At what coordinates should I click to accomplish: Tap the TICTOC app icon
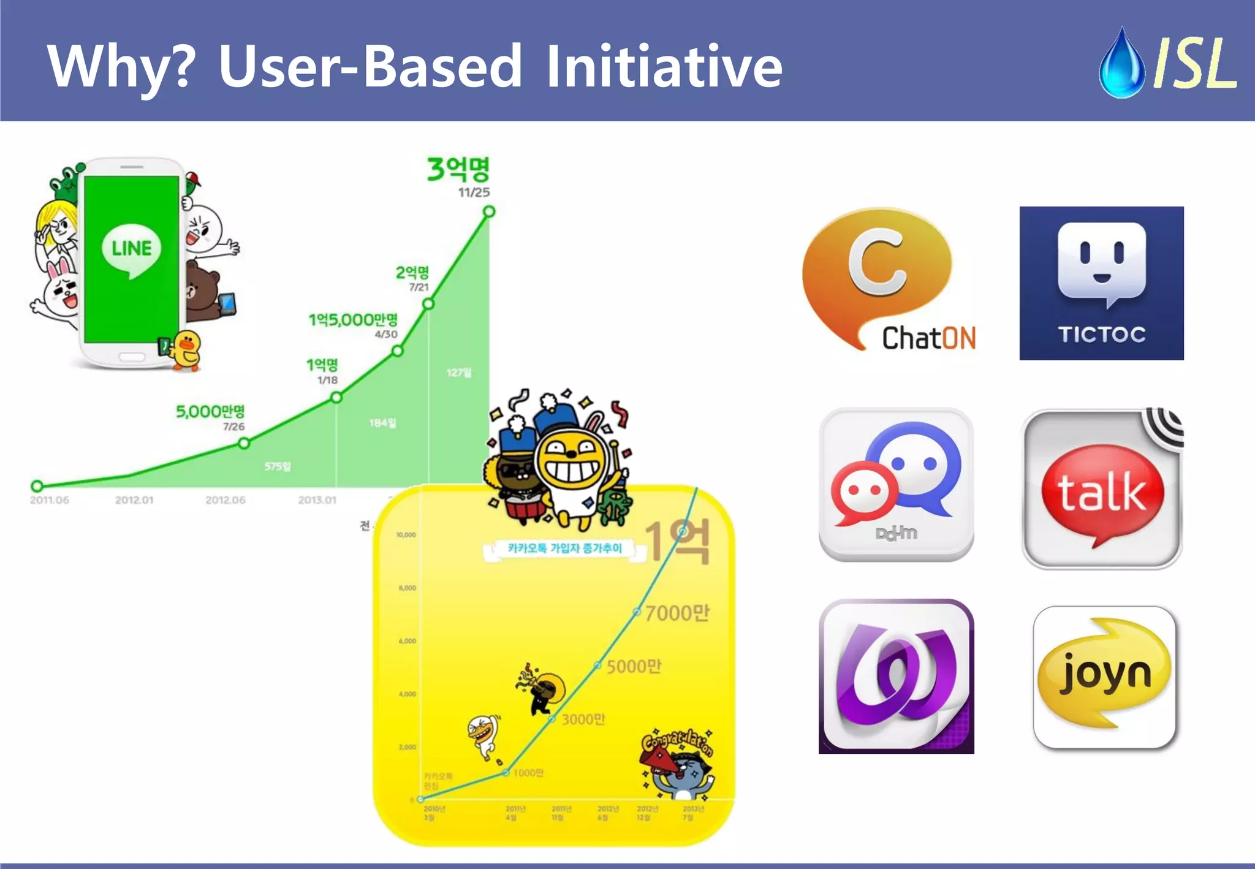point(1101,283)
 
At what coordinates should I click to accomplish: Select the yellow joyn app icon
point(1104,677)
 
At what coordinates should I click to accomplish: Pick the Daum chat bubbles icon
point(896,484)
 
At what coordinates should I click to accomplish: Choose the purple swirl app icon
point(896,676)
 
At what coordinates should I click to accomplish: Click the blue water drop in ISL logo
point(1121,64)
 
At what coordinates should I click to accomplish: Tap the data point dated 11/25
point(489,211)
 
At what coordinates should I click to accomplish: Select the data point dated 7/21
point(428,303)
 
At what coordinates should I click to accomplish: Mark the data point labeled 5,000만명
point(244,443)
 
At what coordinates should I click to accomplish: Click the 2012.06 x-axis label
point(226,500)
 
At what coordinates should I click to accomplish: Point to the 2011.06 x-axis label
point(50,500)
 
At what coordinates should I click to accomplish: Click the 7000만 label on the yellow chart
point(677,613)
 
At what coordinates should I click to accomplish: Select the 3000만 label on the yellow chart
point(583,719)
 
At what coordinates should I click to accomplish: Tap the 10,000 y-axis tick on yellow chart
point(406,535)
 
